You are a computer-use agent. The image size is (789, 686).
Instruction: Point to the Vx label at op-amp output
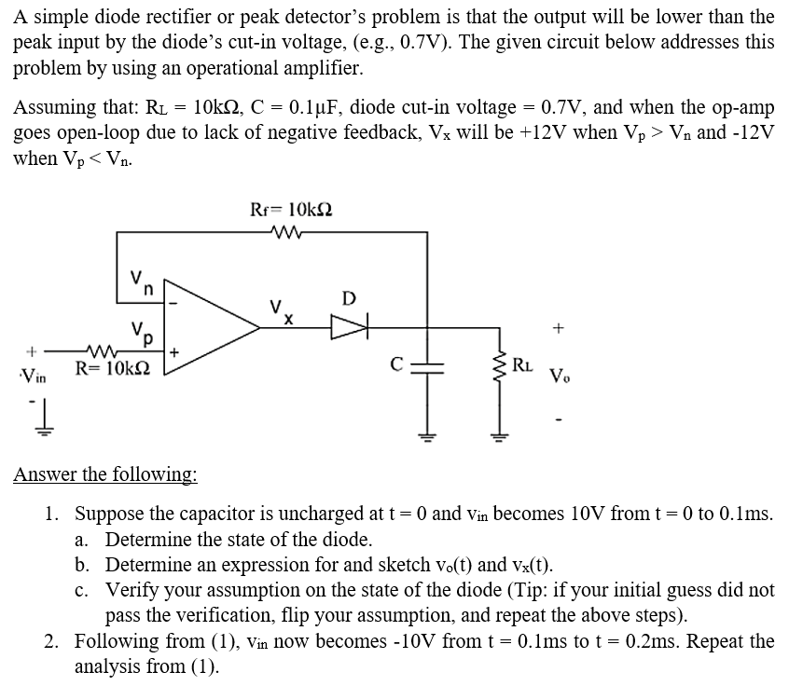point(279,309)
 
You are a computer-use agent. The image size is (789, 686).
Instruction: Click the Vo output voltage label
point(559,377)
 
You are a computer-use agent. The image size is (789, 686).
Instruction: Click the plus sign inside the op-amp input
point(175,352)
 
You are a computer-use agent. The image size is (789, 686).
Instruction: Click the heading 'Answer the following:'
point(104,474)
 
